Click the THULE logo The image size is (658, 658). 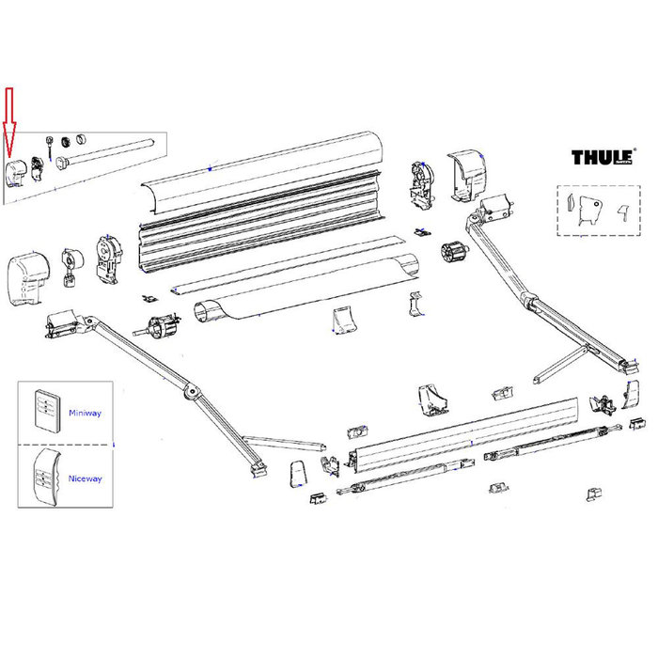pyautogui.click(x=602, y=157)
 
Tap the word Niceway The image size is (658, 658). pyautogui.click(x=85, y=478)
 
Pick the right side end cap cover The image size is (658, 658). pyautogui.click(x=467, y=175)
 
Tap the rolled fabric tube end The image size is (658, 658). pyautogui.click(x=210, y=312)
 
